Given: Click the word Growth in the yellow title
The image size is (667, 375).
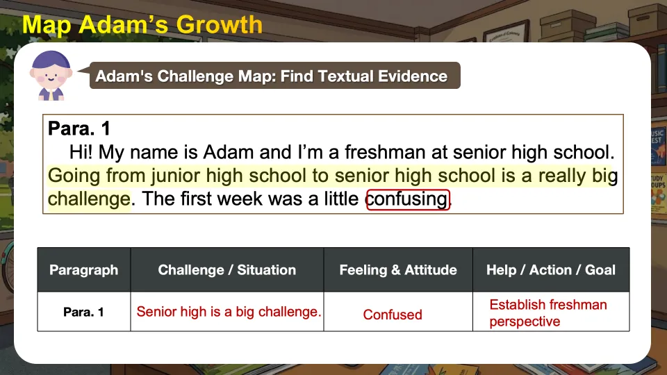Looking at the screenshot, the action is tap(219, 25).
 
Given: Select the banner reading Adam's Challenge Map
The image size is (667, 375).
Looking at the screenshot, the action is tap(275, 76).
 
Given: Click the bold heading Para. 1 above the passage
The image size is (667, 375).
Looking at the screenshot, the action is tap(79, 128).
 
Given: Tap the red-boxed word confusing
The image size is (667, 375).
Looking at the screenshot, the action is tap(408, 199).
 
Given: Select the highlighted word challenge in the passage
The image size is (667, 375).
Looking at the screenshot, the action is tap(89, 199).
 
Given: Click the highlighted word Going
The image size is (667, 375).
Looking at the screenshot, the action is tap(74, 176).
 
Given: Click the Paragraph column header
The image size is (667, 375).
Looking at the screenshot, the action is tap(84, 270).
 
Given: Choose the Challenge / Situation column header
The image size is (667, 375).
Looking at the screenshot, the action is tap(227, 270).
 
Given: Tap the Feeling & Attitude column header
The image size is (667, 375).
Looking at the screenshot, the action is tap(398, 270).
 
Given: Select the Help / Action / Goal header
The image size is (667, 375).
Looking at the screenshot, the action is tap(551, 270).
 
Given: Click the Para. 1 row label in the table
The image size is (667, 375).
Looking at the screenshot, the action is tap(83, 312).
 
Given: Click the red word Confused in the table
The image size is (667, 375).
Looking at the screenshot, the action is tap(393, 315).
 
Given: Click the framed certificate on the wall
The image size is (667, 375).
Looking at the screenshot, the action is tap(506, 31).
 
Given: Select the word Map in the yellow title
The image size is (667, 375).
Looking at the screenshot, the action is tap(47, 26).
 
